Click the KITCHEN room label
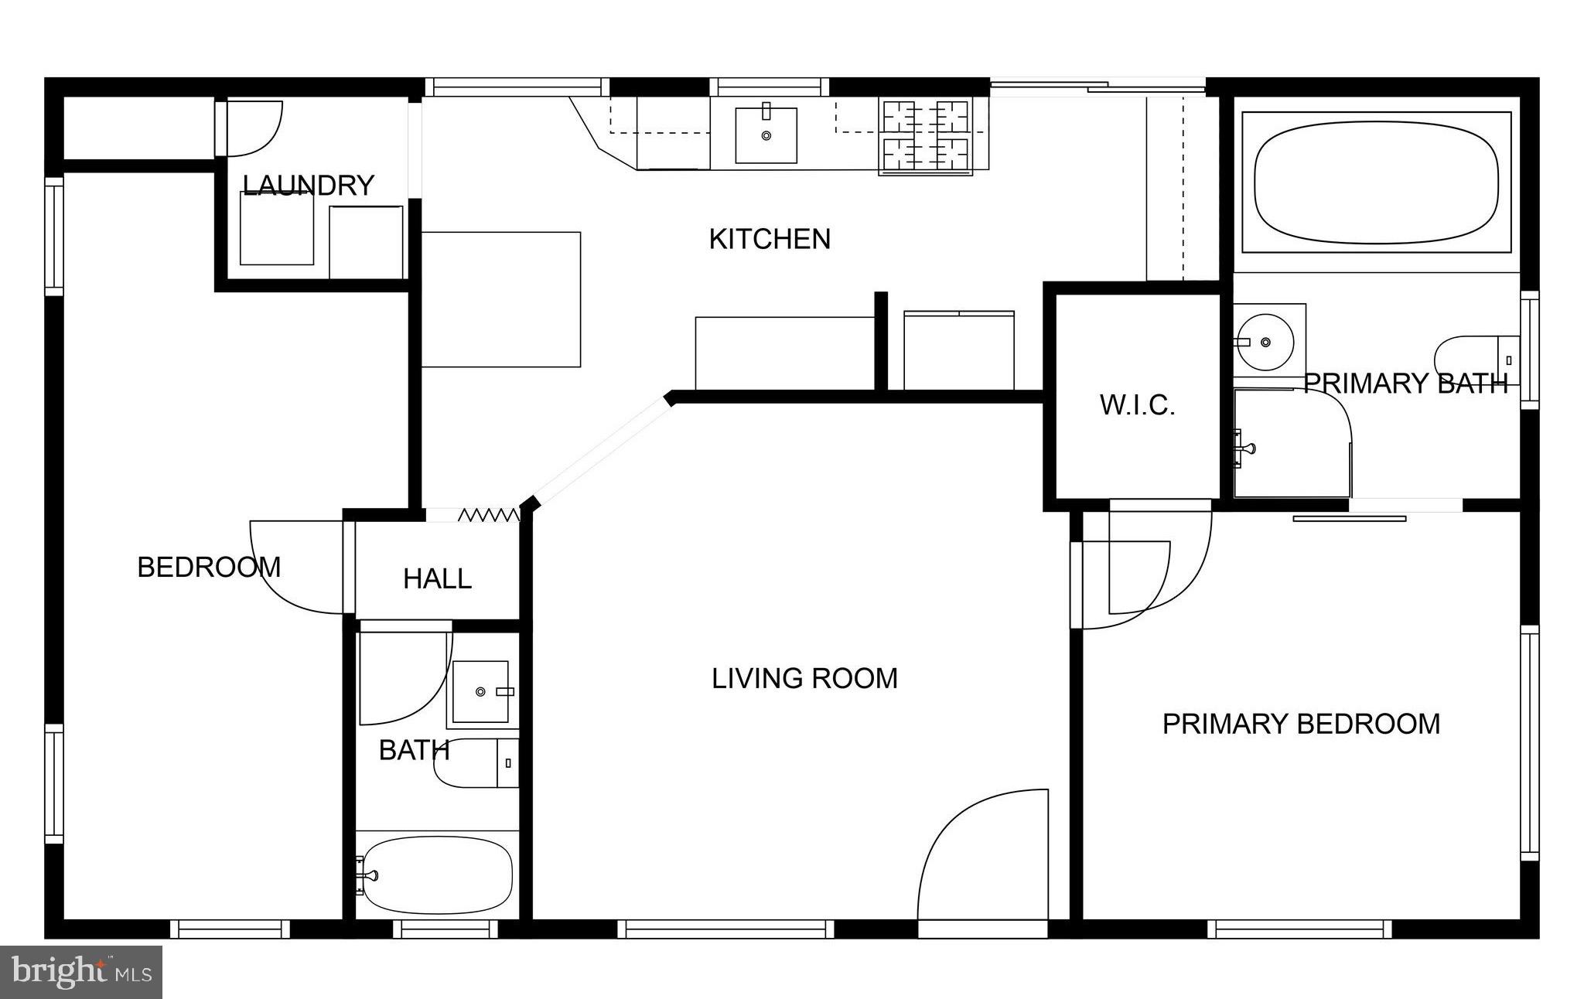click(x=770, y=239)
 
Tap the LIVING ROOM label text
click(x=804, y=678)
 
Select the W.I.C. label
click(x=1137, y=404)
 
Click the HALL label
click(x=437, y=578)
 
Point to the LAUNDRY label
click(x=309, y=185)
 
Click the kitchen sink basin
click(x=766, y=136)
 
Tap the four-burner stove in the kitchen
click(x=926, y=136)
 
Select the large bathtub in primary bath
click(x=1376, y=182)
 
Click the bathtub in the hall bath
click(x=437, y=875)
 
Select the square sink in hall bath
click(x=480, y=691)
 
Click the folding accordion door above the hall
click(x=489, y=514)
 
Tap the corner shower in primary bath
click(x=1290, y=445)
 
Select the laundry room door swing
click(x=251, y=128)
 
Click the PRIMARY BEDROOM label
click(x=1301, y=724)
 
